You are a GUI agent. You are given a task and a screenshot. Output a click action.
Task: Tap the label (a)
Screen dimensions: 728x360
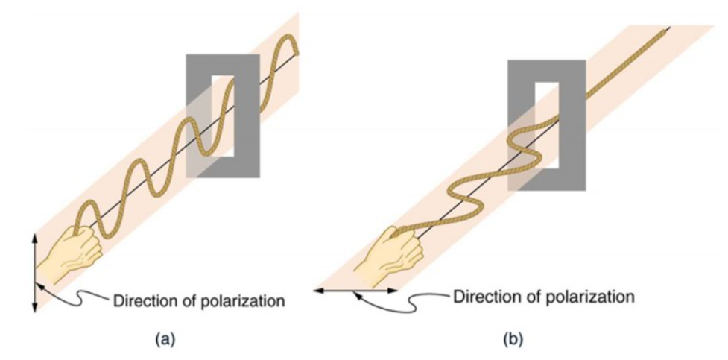(165, 339)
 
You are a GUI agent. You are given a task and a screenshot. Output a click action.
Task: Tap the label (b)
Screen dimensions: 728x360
(513, 339)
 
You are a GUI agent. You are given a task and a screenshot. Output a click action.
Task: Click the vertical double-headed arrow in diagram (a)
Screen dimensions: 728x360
(34, 271)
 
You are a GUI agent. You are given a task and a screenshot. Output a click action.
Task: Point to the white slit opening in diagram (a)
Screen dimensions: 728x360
(224, 116)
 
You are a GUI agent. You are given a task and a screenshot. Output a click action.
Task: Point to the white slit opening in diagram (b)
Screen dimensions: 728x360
(547, 123)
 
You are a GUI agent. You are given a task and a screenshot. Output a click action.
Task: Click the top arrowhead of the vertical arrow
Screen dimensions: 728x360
(34, 236)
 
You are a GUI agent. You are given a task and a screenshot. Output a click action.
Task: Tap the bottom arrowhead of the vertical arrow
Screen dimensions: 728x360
(34, 307)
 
